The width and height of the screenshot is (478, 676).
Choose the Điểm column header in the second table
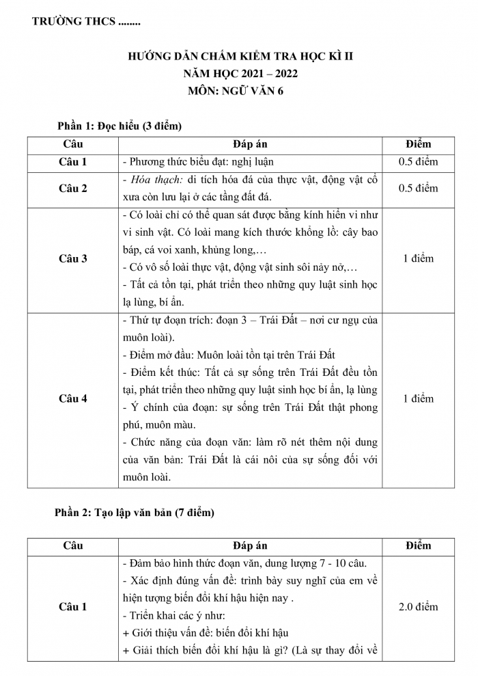tap(418, 545)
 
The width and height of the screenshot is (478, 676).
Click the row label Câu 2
tap(73, 189)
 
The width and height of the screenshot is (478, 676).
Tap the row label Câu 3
tap(73, 259)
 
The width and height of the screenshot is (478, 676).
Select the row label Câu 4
tap(73, 399)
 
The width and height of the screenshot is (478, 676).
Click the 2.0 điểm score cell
tap(418, 606)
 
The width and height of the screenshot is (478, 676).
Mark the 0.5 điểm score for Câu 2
tap(418, 189)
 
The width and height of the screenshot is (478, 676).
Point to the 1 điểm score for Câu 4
tap(418, 399)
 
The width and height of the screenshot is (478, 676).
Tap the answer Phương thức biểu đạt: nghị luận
tap(197, 163)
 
